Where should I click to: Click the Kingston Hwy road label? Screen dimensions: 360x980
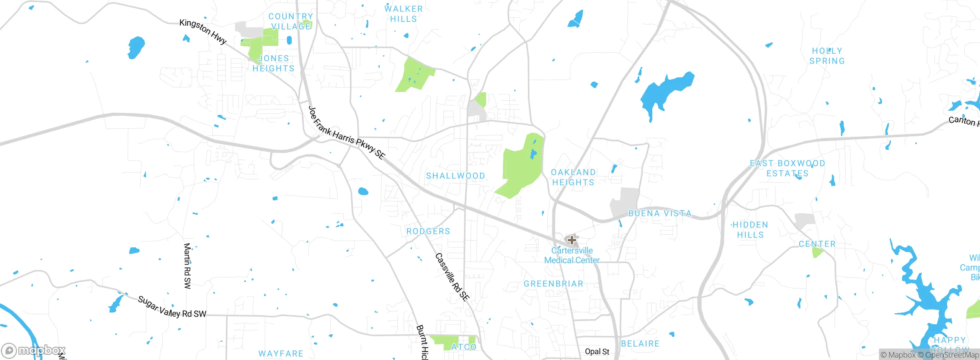(203, 31)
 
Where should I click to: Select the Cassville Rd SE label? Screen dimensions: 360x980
(452, 277)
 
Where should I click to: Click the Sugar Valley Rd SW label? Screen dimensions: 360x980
(172, 307)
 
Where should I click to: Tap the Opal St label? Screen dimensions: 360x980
(597, 352)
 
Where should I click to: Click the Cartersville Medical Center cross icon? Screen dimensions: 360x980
(572, 240)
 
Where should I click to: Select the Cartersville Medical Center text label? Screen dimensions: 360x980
(572, 255)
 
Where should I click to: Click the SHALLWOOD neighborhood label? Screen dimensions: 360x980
(456, 176)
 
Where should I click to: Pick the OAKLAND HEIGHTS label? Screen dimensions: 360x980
(573, 177)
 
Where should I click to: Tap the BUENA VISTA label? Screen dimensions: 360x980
(660, 213)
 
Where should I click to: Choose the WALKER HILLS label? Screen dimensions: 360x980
(403, 14)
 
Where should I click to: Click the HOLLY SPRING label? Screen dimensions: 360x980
(827, 56)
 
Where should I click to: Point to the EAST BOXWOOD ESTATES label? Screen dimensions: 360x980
(787, 169)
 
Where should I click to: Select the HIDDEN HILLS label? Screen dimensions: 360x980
(750, 230)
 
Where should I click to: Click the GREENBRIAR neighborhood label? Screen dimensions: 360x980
(554, 284)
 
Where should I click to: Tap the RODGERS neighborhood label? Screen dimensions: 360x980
(428, 231)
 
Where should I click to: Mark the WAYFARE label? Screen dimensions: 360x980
(281, 353)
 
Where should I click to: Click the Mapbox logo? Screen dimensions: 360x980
(34, 350)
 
